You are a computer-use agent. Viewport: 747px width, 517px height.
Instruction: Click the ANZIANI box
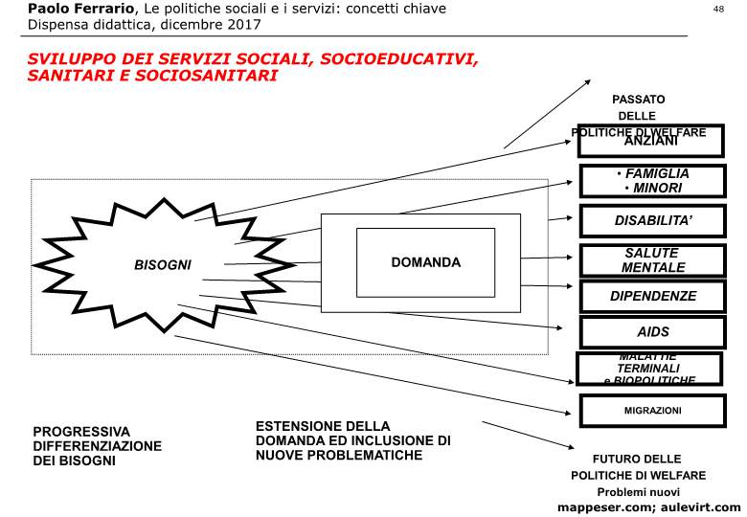point(651,142)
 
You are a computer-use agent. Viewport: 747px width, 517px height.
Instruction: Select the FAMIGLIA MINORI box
point(651,181)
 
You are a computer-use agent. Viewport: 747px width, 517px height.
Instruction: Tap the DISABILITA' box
point(651,220)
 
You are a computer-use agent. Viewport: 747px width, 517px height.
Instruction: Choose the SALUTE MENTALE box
point(651,260)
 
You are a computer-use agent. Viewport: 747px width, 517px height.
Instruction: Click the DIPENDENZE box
point(651,297)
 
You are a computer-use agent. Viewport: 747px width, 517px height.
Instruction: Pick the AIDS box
point(651,332)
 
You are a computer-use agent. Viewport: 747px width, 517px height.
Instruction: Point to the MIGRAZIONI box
point(651,410)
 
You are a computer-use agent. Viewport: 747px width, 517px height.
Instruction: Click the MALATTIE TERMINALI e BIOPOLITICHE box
point(649,369)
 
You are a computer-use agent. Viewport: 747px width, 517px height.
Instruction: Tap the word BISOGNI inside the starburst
point(163,264)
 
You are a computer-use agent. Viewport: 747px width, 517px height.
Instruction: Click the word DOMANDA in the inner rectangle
point(425,262)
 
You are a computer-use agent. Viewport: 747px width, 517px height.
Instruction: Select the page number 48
point(719,9)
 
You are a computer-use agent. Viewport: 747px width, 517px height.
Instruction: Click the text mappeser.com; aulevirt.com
point(648,506)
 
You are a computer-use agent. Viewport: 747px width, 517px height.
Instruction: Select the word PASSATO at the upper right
point(638,99)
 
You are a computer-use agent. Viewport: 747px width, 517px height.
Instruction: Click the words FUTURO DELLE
point(636,459)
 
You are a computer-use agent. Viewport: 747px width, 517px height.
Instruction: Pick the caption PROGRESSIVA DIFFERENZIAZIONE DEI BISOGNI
point(97,446)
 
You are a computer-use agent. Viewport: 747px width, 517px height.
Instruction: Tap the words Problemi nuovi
point(638,491)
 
